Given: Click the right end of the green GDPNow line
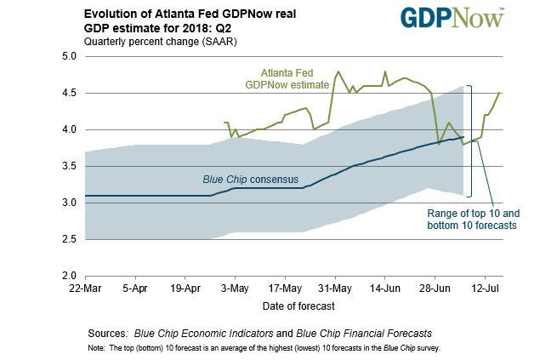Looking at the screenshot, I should pos(499,93).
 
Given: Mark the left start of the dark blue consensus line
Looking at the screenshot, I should pos(86,196).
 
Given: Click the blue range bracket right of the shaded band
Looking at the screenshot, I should pos(469,140).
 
